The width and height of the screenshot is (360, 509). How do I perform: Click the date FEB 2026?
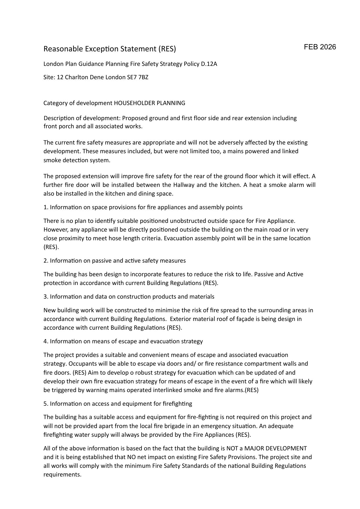click(320, 47)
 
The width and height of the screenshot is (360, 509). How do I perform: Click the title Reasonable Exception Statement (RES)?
click(110, 49)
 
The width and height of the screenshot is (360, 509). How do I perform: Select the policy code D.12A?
click(209, 64)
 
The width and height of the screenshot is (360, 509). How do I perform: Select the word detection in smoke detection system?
click(74, 160)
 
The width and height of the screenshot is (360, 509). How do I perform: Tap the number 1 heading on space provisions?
click(143, 207)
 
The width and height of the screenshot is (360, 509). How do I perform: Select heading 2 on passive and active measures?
click(115, 261)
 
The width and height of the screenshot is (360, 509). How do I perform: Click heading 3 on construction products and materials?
click(129, 297)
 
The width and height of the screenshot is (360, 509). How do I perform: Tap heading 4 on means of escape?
click(123, 341)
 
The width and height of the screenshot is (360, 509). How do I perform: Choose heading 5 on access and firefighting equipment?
click(118, 404)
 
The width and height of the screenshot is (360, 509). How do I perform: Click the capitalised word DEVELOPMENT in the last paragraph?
click(286, 448)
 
